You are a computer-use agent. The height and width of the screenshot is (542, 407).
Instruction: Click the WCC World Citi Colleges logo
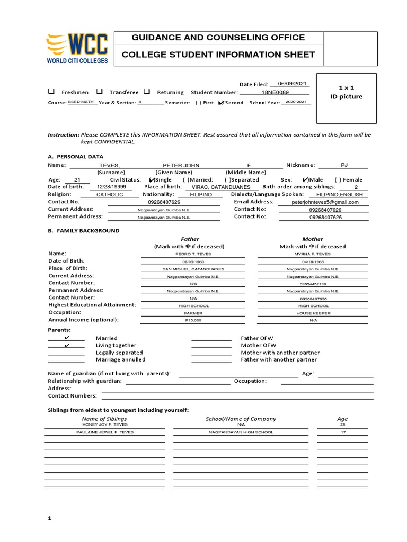pos(77,49)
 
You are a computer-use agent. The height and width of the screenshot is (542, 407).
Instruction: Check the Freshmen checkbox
pos(51,92)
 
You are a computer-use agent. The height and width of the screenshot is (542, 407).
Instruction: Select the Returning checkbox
pos(147,92)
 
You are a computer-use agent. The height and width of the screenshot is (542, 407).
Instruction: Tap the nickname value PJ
pos(344,165)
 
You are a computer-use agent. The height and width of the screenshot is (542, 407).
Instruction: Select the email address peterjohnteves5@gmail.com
pos(325,202)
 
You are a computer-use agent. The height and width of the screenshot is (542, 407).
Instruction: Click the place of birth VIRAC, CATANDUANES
pos(221,187)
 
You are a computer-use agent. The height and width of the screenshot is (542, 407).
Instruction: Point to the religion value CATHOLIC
pos(109,195)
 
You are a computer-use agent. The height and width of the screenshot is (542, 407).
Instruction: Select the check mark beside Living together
pos(66,345)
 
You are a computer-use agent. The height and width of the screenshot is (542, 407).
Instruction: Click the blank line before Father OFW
pos(211,338)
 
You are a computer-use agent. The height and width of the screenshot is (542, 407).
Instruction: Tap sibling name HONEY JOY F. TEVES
pos(105,424)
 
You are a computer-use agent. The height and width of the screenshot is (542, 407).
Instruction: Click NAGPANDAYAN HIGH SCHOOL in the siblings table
pos(241,432)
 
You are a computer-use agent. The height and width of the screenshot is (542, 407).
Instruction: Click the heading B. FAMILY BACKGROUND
pos(84,231)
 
